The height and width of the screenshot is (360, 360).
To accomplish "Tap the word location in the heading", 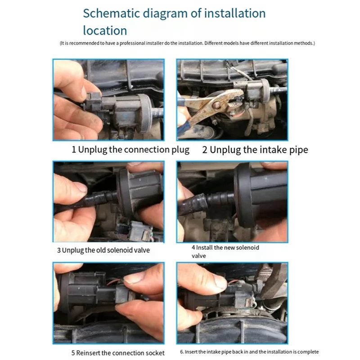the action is pos(105,31).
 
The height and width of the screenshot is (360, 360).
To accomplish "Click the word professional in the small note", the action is pos(132,43).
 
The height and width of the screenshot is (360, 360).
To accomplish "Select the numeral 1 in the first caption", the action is pos(74,149).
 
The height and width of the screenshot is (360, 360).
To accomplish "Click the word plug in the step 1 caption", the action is pos(180,150).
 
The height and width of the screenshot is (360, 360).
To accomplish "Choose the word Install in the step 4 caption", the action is pos(204,247).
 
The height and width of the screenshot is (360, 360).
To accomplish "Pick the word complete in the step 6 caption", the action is pos(309,352).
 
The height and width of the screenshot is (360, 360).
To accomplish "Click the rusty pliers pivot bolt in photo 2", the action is pos(216,105).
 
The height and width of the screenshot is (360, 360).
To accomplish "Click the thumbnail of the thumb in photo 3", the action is pos(81,187).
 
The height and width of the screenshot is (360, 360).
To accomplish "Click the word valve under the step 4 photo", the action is pos(199,256).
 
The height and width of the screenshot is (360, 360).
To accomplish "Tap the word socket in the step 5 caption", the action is pos(155,353).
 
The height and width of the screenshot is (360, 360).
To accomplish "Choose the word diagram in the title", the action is pos(165,14).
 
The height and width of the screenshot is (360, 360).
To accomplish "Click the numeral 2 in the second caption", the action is pos(205,150).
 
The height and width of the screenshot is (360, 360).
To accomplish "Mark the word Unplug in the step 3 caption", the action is pos(73,250).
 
